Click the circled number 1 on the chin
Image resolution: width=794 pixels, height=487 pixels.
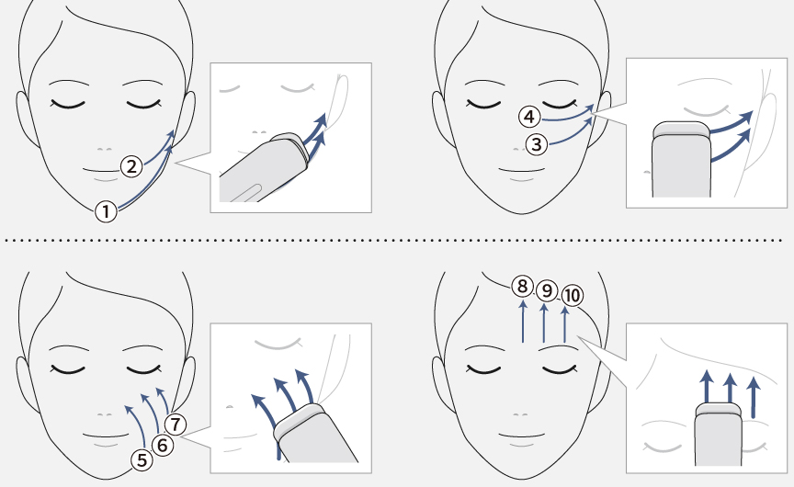pos(107,211)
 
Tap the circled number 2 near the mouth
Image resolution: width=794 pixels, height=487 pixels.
pos(131,166)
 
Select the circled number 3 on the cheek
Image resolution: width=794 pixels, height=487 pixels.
pos(537,144)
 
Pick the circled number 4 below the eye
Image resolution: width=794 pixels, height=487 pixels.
pos(529,117)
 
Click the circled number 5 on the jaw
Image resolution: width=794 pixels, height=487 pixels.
pos(142,460)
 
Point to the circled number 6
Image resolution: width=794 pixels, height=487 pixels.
pos(163,445)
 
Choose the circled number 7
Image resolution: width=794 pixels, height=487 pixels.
pos(176,425)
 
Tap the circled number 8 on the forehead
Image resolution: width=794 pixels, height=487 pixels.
pos(523,287)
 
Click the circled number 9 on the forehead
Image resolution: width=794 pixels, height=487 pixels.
pos(547,290)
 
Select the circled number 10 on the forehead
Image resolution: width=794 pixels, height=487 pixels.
pos(573,295)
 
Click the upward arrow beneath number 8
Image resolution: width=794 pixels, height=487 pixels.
pos(523,321)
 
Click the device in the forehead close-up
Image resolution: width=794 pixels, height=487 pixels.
pos(718,435)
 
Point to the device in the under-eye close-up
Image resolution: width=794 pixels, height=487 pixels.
pos(681,160)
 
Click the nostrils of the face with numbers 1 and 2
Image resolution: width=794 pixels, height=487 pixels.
pos(105,150)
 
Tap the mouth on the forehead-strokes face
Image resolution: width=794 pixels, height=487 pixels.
pos(521,436)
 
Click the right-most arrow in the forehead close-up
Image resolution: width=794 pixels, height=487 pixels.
pos(754,397)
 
